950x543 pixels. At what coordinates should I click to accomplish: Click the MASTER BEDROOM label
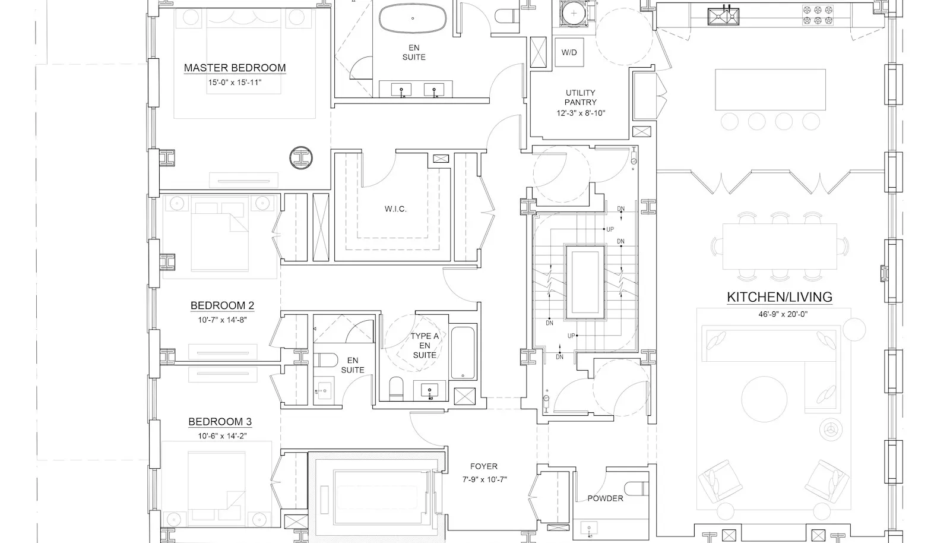pos(235,68)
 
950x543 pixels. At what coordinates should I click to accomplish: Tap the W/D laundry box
pos(569,52)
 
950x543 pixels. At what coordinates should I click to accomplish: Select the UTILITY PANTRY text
pos(581,97)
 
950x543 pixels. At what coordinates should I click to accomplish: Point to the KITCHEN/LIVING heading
pos(780,297)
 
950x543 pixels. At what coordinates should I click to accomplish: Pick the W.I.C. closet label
pos(395,209)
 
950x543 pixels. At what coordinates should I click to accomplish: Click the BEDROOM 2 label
pos(222,305)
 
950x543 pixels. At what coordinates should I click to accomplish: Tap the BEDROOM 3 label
pos(220,422)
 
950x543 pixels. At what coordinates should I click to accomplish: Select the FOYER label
pos(483,466)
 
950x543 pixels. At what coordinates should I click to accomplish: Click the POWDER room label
pos(605,498)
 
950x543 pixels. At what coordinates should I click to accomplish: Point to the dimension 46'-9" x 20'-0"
pos(783,314)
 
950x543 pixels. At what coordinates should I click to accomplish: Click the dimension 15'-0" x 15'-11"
pos(235,83)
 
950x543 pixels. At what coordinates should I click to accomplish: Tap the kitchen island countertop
pos(770,90)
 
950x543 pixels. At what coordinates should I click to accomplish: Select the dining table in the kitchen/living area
pos(780,247)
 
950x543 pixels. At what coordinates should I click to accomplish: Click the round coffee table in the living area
pos(764,399)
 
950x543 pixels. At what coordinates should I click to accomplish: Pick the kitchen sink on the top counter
pos(723,17)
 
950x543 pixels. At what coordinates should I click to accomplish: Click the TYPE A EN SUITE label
pos(425,345)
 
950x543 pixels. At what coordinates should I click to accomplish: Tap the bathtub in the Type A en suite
pos(463,352)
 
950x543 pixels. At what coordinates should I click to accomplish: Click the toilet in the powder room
pos(636,488)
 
